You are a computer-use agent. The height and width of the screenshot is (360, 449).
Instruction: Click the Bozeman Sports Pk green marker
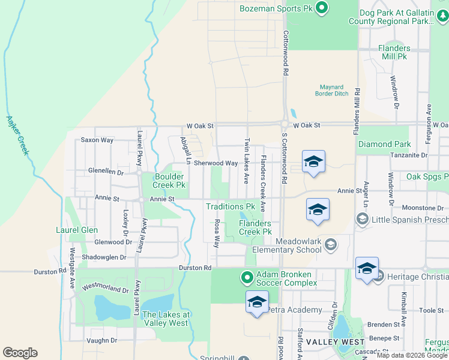(322, 8)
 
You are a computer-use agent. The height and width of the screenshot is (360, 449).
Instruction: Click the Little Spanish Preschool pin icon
(362, 220)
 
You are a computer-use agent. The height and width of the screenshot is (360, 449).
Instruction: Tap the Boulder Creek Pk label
(169, 181)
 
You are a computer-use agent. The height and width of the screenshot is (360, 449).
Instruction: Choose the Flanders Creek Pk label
(255, 227)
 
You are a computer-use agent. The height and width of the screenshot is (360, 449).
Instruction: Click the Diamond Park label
(385, 145)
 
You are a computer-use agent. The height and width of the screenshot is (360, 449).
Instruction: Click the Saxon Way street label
(97, 140)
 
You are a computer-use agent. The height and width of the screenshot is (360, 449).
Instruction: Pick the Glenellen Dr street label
(105, 172)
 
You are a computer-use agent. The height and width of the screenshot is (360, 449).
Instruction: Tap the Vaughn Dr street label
(101, 340)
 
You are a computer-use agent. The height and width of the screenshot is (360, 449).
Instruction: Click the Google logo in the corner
(20, 353)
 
